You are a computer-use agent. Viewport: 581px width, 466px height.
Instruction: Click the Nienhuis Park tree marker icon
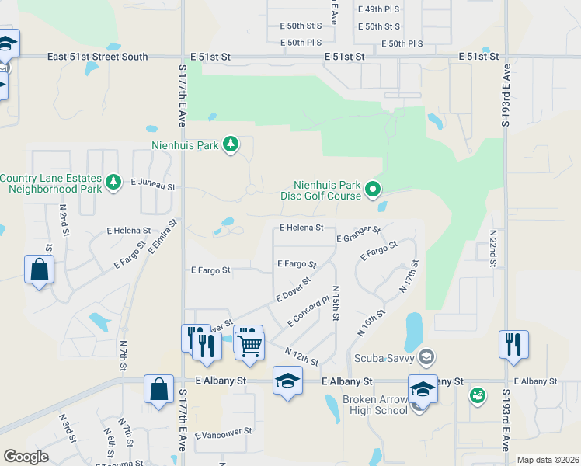230,144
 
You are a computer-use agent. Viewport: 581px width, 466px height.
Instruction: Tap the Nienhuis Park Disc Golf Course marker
373,189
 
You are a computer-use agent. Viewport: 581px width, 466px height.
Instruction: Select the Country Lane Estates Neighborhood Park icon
113,182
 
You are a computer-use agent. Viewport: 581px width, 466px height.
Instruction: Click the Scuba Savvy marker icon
425,357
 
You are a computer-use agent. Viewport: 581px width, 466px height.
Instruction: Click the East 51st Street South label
97,57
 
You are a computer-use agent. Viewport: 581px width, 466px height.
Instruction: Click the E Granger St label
358,234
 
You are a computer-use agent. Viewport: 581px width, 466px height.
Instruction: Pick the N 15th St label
336,304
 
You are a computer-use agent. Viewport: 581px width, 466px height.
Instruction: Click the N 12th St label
302,357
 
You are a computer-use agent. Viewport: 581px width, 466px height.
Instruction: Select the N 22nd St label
492,249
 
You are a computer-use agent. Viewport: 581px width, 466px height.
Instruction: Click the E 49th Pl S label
378,9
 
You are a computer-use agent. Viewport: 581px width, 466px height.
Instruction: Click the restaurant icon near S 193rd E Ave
513,343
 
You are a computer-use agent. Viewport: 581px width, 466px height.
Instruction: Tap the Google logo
26,457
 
